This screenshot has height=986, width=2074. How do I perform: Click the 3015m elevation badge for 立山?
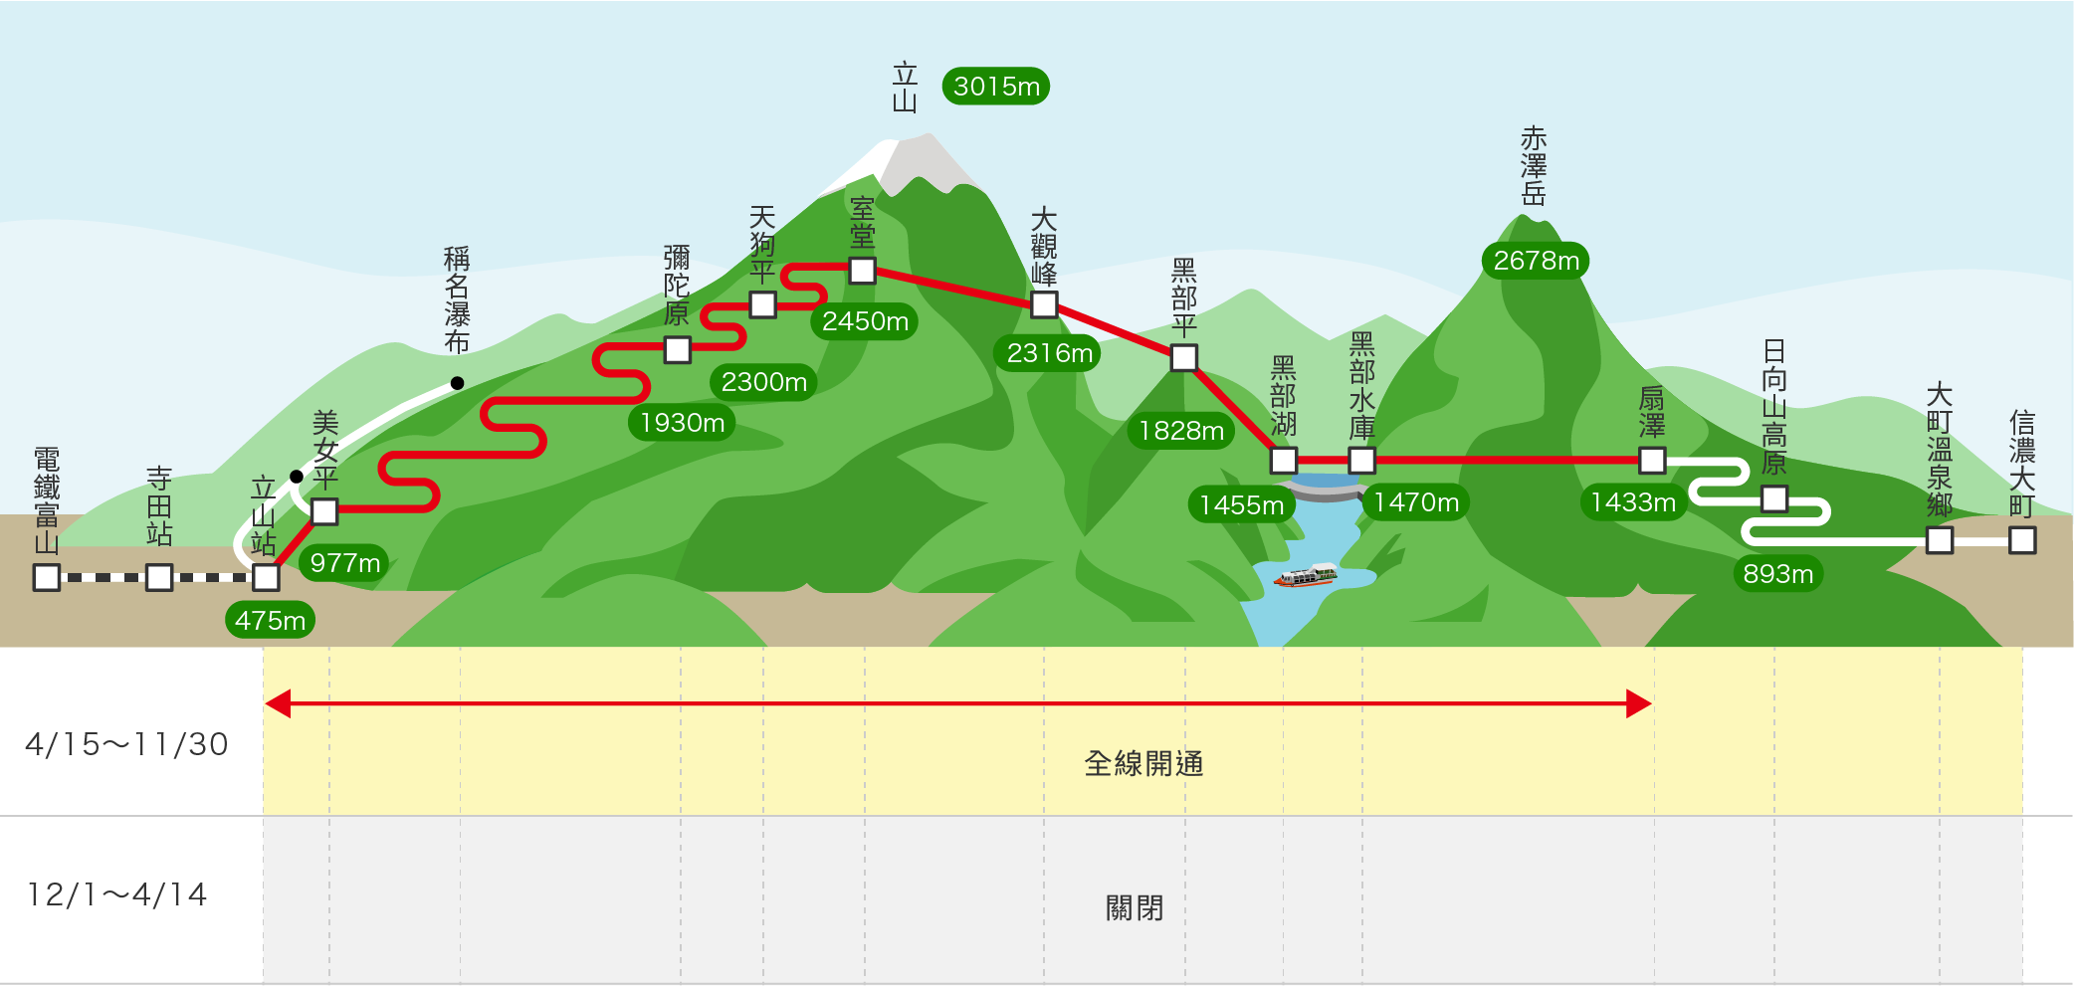[x=995, y=87]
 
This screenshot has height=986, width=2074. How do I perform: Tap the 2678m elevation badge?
[x=1537, y=261]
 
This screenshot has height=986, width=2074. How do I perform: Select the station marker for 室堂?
[x=863, y=271]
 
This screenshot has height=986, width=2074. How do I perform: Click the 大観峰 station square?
[x=1044, y=304]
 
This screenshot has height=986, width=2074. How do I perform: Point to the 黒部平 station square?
[x=1184, y=358]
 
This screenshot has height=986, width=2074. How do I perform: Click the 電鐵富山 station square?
[x=47, y=578]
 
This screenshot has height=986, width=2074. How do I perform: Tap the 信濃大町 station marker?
[x=2022, y=541]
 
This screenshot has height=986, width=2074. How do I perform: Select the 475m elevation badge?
[x=270, y=621]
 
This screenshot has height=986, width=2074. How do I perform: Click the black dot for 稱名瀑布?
[x=457, y=383]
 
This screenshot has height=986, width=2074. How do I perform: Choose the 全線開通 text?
[x=1143, y=764]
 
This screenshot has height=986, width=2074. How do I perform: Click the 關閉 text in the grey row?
[x=1135, y=908]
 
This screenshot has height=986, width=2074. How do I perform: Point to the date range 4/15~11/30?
[x=127, y=744]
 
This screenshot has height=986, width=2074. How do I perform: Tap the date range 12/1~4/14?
[x=117, y=894]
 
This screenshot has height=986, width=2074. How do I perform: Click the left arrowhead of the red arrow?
[x=278, y=704]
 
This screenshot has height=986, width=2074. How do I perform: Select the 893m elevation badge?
[x=1778, y=574]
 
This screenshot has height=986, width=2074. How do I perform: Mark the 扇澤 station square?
[x=1653, y=461]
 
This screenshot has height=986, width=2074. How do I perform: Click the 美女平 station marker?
[x=324, y=511]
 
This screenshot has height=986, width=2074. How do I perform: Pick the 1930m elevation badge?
[x=682, y=423]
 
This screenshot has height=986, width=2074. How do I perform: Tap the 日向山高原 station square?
[x=1774, y=498]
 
